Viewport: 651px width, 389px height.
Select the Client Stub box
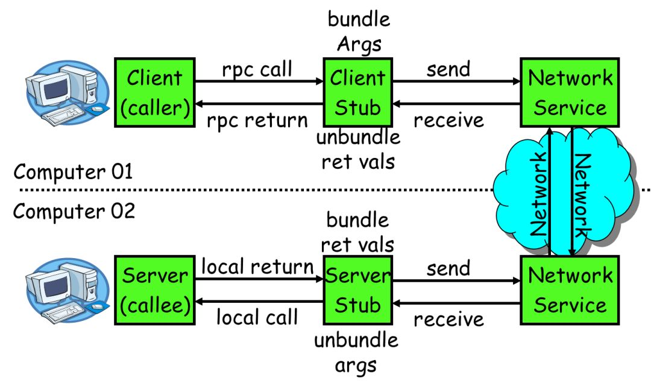pyautogui.click(x=358, y=92)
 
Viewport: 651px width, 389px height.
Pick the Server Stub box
pyautogui.click(x=358, y=289)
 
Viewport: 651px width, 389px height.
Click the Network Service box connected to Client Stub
pyautogui.click(x=570, y=92)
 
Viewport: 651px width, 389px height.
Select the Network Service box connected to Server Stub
pyautogui.click(x=570, y=289)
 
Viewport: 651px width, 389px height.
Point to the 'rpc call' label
pyautogui.click(x=257, y=69)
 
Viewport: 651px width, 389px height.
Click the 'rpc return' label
pyautogui.click(x=257, y=120)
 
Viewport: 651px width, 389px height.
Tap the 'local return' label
pyautogui.click(x=257, y=266)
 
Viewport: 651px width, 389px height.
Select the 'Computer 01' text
pyautogui.click(x=73, y=172)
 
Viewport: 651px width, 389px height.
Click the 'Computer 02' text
pyautogui.click(x=74, y=212)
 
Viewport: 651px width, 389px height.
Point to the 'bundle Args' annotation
pyautogui.click(x=359, y=31)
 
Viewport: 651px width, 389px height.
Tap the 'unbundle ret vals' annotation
pyautogui.click(x=358, y=149)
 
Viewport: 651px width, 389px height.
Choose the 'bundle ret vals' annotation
pyautogui.click(x=357, y=232)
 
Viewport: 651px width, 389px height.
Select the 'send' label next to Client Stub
pyautogui.click(x=448, y=69)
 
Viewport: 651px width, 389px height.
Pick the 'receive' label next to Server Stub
pyautogui.click(x=448, y=318)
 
